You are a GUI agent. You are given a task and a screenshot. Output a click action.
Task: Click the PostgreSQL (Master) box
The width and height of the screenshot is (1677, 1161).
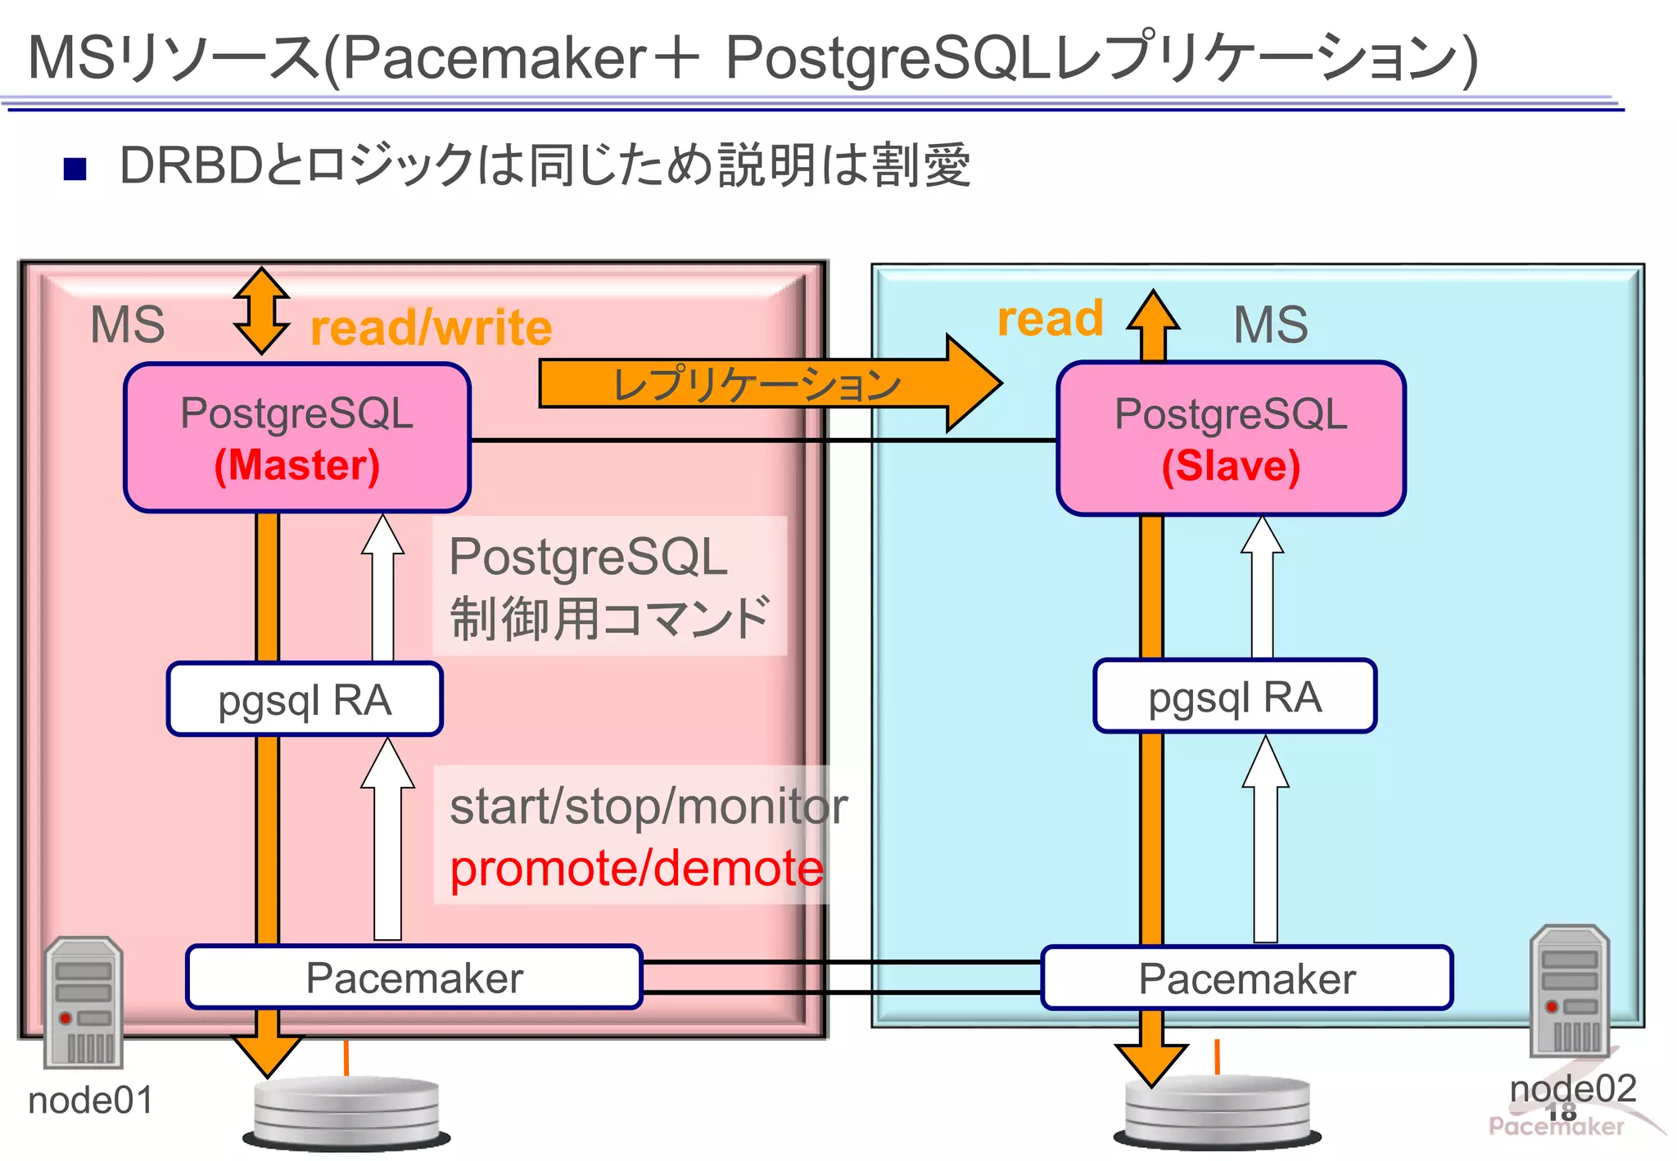pos(296,438)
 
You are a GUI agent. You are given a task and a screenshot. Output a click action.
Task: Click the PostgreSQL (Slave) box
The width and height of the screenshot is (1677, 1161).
pos(1231,439)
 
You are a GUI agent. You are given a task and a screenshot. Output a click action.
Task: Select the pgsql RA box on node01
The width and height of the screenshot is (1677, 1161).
pos(305,699)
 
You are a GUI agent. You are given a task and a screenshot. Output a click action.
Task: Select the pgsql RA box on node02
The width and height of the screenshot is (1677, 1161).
pos(1234,697)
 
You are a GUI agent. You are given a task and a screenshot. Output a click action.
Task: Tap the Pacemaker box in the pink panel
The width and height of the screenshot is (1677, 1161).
pos(414,978)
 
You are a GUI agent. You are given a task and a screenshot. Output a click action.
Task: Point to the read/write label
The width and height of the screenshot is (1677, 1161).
pos(432,328)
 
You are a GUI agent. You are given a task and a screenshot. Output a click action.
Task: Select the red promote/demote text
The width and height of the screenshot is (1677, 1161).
pos(636,868)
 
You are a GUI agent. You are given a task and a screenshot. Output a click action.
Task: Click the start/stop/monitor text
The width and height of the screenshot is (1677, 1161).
pos(648,806)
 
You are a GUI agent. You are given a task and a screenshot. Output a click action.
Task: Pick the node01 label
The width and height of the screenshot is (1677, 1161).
pos(90,1100)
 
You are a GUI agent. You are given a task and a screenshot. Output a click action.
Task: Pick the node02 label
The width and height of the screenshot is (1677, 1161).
pos(1572,1089)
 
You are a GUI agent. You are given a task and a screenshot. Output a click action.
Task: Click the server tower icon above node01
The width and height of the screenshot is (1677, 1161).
pos(84,1002)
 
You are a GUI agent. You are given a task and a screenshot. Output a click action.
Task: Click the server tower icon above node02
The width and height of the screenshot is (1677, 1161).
pos(1569,991)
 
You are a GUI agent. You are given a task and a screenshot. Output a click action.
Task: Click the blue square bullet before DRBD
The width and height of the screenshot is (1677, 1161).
pos(75,168)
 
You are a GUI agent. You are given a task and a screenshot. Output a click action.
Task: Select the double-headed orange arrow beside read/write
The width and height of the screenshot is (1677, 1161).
pos(261,310)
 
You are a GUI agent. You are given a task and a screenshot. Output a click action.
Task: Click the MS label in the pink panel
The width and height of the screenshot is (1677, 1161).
pos(127,324)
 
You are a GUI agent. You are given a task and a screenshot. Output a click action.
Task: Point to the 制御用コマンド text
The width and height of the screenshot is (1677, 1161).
pos(609,618)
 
